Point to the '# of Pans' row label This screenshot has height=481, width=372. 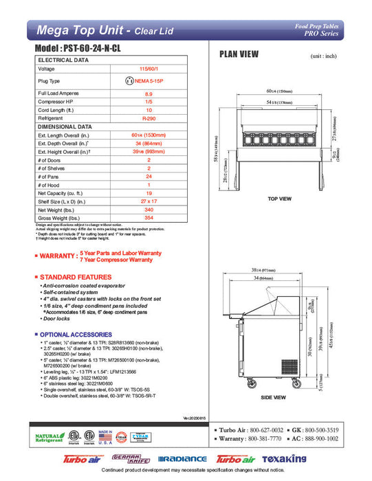pos(52,177)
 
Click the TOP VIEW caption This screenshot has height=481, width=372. pos(280,199)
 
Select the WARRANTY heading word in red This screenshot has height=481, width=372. pos(58,256)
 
